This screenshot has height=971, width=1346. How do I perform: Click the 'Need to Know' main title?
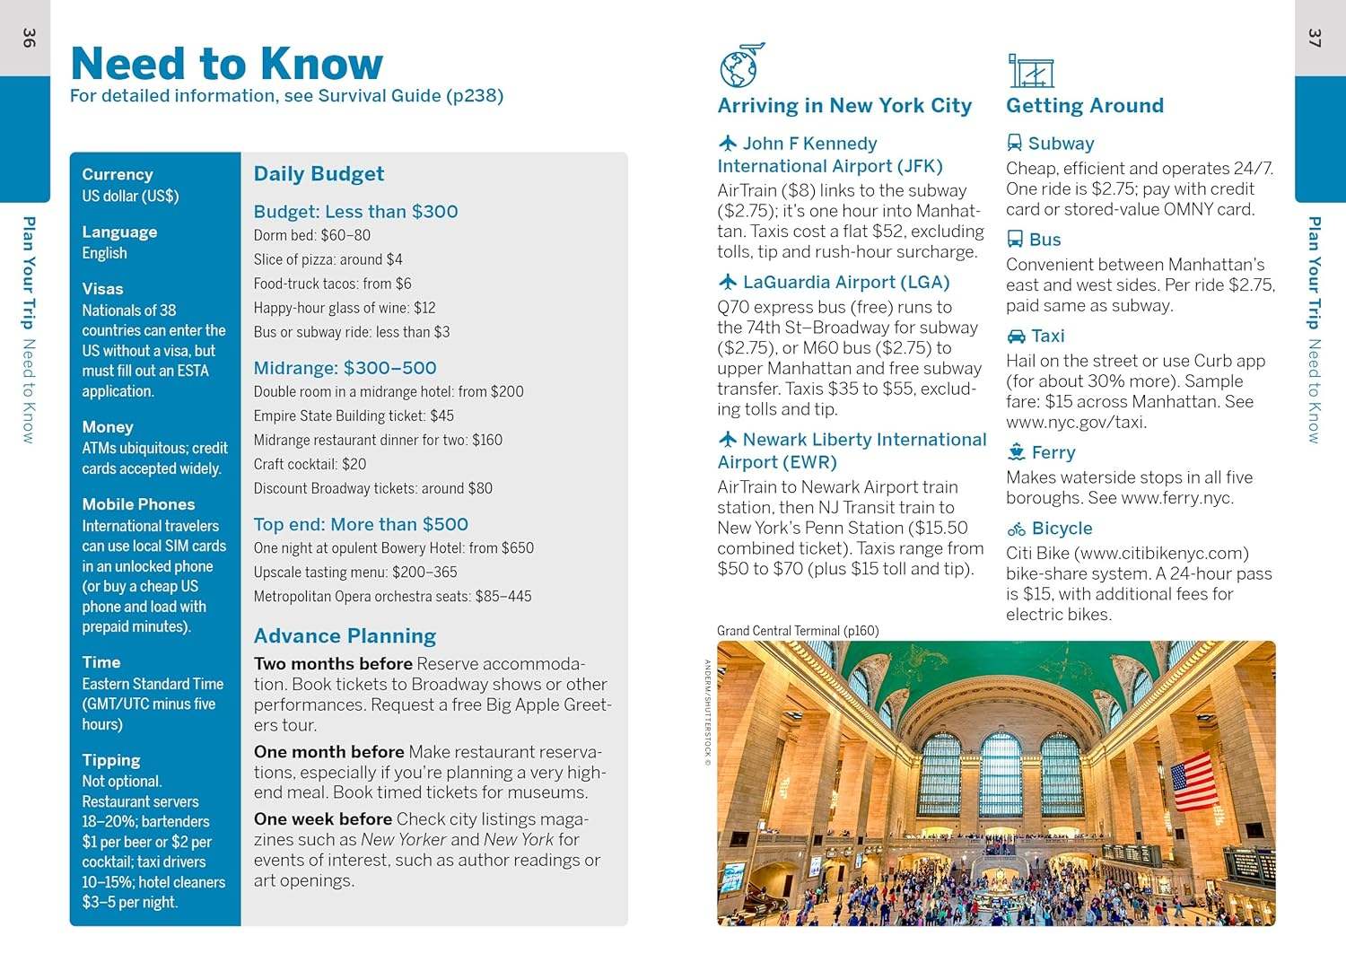coord(226,64)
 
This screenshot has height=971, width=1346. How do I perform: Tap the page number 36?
coord(29,39)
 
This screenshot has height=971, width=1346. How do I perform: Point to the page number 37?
coord(1315,39)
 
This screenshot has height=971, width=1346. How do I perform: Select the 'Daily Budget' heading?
coord(319,174)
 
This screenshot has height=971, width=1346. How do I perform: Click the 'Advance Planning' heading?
coord(345,636)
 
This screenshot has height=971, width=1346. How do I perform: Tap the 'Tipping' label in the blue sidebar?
coord(111,760)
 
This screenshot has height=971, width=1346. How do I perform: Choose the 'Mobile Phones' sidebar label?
coord(138,504)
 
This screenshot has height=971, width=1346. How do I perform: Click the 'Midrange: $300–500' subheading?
coord(345,368)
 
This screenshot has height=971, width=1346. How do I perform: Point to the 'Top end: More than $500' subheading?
coord(361,524)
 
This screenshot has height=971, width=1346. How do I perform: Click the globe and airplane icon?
coord(741,65)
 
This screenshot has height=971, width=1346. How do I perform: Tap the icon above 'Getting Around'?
coord(1030,70)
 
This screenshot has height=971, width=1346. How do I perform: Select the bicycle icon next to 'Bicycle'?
coord(1016,529)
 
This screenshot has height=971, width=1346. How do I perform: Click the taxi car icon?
coord(1016,337)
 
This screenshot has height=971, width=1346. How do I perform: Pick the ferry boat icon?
coord(1016,452)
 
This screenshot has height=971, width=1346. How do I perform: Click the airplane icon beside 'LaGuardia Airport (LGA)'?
coord(728,283)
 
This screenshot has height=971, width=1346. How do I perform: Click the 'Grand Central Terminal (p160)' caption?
coord(798,631)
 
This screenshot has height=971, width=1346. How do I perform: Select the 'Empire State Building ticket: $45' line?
coord(354,416)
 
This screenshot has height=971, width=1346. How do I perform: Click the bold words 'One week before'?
coord(322,819)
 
